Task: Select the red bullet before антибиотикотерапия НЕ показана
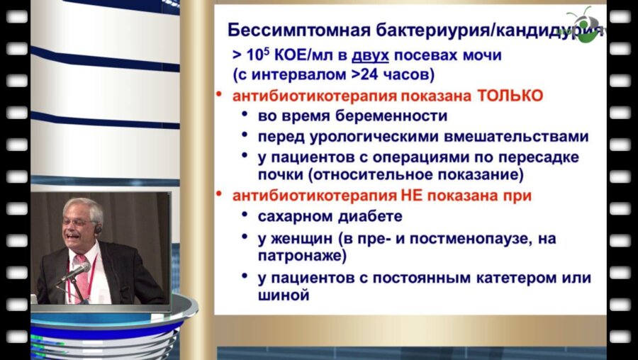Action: click(x=220, y=193)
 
